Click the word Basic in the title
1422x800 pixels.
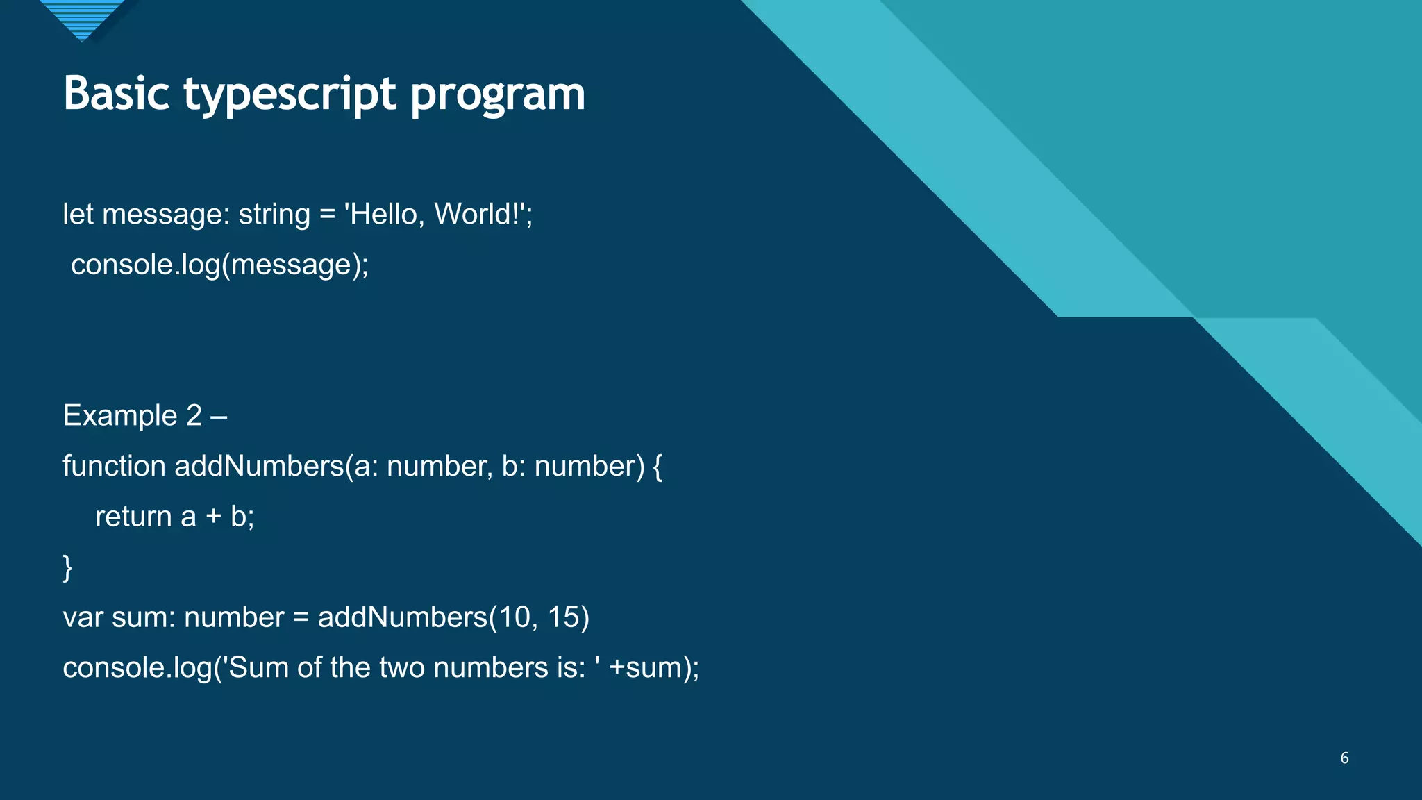coord(116,93)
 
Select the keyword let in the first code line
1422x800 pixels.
coord(78,214)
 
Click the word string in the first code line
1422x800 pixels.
coord(274,215)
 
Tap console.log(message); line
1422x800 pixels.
coord(219,265)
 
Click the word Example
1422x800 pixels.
coord(120,416)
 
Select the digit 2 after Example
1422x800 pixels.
coord(194,415)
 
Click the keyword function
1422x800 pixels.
coord(114,466)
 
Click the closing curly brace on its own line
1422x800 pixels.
coord(67,567)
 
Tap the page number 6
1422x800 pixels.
coord(1344,758)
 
